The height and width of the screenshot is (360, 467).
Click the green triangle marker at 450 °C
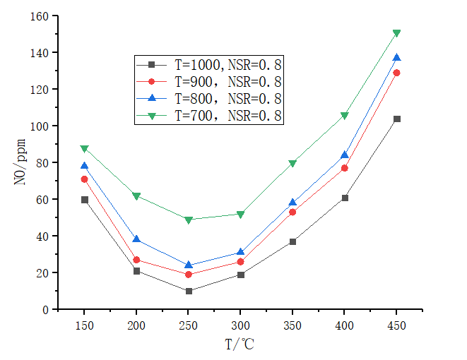click(396, 33)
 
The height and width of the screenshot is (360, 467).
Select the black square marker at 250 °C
click(189, 291)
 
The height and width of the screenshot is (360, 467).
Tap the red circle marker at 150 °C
click(85, 179)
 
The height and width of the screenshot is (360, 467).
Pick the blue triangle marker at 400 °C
click(345, 155)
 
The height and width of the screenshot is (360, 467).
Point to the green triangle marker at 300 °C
click(241, 214)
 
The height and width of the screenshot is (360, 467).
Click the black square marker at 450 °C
click(396, 119)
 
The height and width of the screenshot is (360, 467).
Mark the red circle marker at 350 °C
click(292, 212)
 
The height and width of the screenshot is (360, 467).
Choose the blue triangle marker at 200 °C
click(136, 239)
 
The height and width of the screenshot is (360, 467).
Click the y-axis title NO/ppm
click(20, 162)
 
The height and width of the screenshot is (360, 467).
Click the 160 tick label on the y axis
click(41, 16)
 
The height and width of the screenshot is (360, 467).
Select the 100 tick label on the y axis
click(41, 126)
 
